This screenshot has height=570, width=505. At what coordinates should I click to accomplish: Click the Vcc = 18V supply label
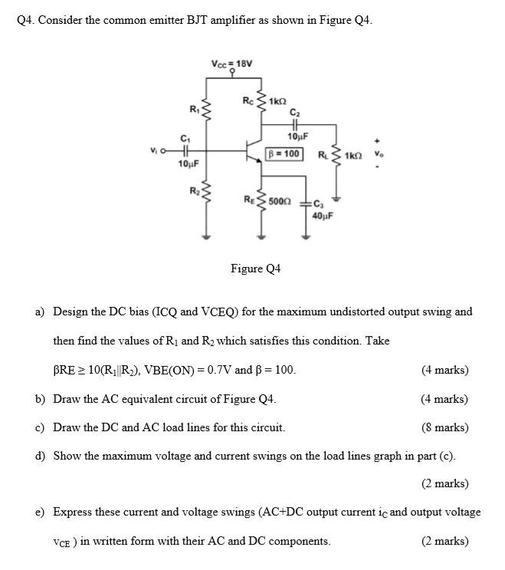coord(230,63)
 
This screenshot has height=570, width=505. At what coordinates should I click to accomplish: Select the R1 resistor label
coord(195,110)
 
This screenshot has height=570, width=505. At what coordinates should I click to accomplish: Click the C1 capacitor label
coord(185,139)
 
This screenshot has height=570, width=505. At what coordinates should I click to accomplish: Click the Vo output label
coord(376,153)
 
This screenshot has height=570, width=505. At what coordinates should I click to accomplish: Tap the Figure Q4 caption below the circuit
coord(255,269)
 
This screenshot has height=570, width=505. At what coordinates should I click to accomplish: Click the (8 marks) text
coord(444,427)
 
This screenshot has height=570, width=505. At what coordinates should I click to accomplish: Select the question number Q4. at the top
coord(25,21)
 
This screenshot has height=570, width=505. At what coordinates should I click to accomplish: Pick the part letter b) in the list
coord(39,399)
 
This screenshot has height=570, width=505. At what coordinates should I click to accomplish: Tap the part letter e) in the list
coord(39,512)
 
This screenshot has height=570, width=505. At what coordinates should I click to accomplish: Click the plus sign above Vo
coord(376,140)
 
